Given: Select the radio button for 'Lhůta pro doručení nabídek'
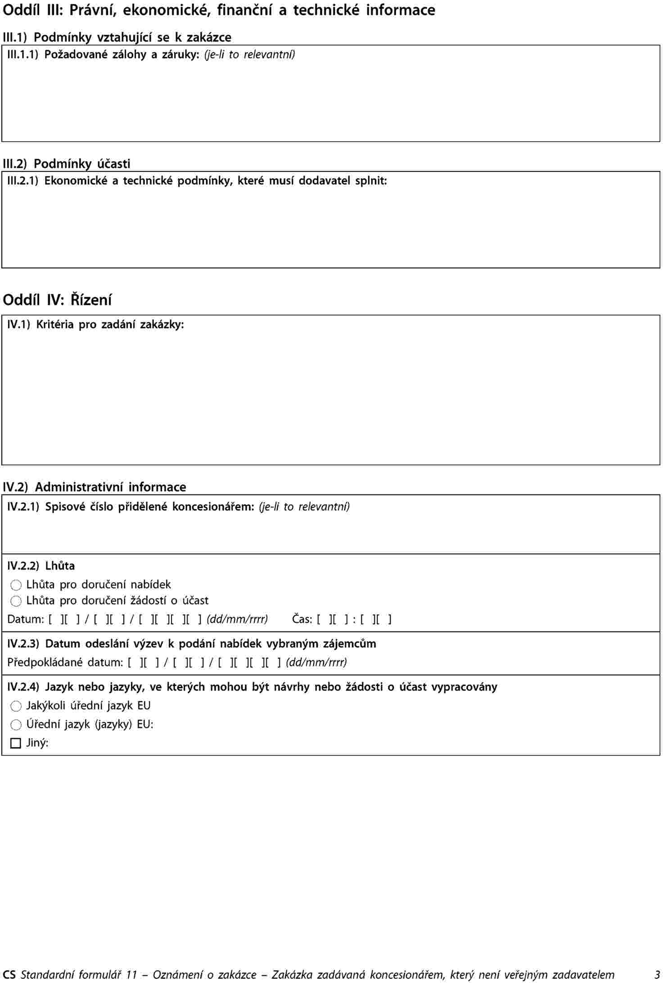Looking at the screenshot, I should (16, 585).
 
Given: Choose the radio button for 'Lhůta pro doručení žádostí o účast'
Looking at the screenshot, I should (16, 601).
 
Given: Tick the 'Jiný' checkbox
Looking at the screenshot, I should (16, 743).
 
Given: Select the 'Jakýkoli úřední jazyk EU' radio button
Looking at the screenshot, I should (16, 706).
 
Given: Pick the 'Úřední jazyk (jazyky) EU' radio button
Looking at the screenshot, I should (16, 724).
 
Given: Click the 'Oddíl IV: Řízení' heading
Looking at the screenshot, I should (57, 300).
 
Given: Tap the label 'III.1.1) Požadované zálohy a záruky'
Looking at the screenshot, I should (104, 55).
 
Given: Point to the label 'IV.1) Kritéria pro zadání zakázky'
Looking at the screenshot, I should (95, 324).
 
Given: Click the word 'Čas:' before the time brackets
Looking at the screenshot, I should (302, 619).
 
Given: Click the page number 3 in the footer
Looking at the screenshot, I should (657, 975).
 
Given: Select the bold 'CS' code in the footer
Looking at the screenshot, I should (9, 975).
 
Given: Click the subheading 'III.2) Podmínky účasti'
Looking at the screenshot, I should (67, 163).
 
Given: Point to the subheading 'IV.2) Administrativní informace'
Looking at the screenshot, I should (95, 487).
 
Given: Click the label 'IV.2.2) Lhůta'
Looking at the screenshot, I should (41, 566).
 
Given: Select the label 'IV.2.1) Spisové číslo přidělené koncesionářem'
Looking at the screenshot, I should (131, 507).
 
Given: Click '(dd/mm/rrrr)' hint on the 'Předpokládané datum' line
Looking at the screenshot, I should (316, 662).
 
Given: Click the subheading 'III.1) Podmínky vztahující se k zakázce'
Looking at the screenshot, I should (117, 37).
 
